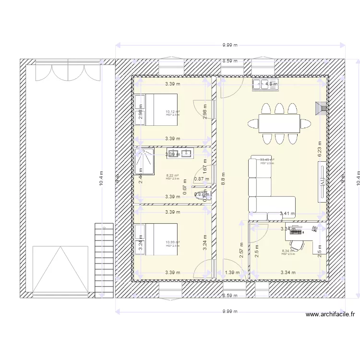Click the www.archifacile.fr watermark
pos(330,315)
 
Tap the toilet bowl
pos(199,194)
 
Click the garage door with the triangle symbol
pos(60,270)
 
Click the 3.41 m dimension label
pos(287,214)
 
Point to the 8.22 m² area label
pos(172,176)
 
